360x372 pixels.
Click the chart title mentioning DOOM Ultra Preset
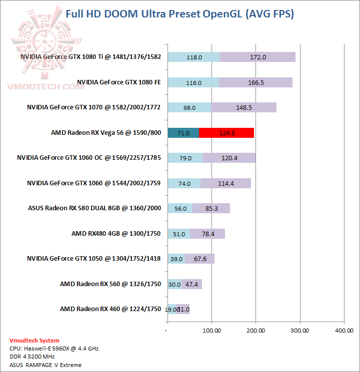179,13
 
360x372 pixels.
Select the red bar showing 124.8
226,133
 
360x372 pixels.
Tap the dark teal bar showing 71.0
183,133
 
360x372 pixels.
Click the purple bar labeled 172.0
257,57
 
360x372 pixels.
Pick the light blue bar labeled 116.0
193,82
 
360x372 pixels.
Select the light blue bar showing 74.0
184,183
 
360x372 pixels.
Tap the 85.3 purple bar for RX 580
211,209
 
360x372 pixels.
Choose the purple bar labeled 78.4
207,234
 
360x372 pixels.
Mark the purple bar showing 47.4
191,284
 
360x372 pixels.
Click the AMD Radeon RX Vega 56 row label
106,133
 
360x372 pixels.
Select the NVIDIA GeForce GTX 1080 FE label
119,82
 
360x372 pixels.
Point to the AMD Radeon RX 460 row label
110,309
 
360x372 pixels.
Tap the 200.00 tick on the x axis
255,331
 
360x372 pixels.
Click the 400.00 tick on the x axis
343,331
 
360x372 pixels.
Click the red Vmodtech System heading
34,341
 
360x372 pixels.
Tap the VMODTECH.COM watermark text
45,86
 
